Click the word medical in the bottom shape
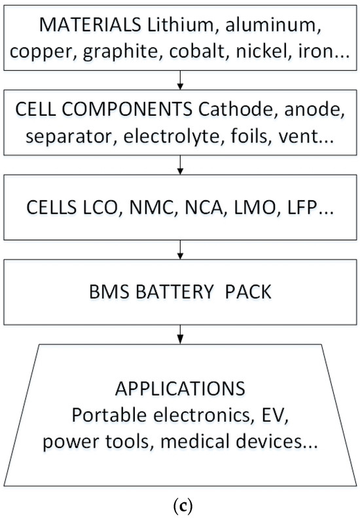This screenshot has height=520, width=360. pos(210,440)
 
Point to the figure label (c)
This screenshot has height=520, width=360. pos(179,504)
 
